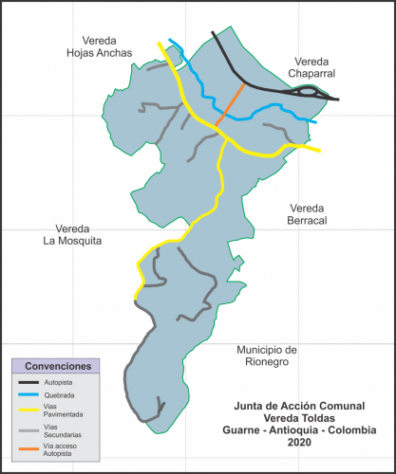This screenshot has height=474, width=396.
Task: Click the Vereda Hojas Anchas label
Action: pyautogui.click(x=92, y=47)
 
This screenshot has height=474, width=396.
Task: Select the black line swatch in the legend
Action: pyautogui.click(x=28, y=382)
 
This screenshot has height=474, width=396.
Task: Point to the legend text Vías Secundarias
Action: pyautogui.click(x=63, y=431)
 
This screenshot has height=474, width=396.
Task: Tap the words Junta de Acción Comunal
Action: pyautogui.click(x=299, y=405)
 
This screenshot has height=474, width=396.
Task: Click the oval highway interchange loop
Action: pyautogui.click(x=310, y=93)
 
